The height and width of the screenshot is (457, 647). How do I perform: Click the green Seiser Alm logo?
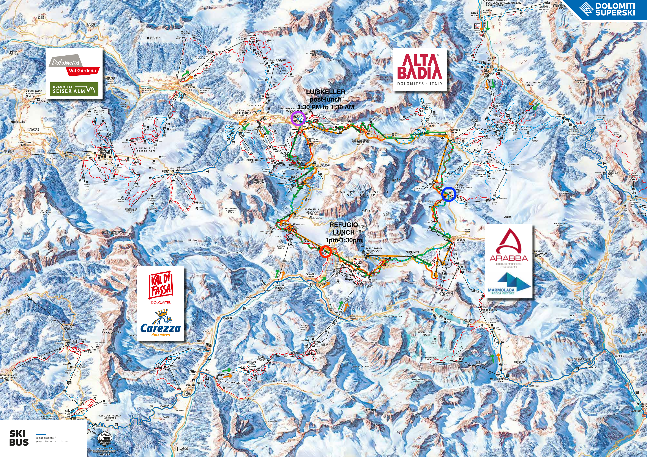coord(74,89)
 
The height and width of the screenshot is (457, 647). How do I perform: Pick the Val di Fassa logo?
coord(160,288)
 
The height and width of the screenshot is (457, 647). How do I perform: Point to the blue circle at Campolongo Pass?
coord(448,194)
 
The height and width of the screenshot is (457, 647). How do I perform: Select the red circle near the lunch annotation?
coord(326,252)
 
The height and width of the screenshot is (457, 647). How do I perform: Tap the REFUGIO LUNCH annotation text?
coord(344,232)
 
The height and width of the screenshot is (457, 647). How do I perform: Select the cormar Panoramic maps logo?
coord(104,440)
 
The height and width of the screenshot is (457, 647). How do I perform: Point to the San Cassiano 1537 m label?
coord(534,84)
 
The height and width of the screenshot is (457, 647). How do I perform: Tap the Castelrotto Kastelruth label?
coord(34,92)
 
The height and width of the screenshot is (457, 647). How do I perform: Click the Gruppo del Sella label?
coord(364,193)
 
